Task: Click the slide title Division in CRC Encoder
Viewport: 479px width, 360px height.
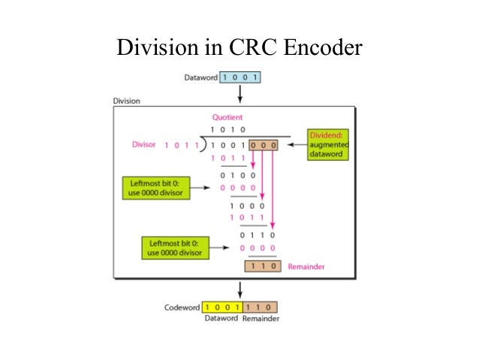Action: coord(239,48)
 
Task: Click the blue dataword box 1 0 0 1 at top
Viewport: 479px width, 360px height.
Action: coord(241,77)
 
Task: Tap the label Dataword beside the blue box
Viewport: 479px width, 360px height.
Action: coord(200,77)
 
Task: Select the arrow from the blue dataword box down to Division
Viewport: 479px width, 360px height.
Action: coord(240,93)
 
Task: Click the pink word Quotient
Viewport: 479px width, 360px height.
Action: coord(227,117)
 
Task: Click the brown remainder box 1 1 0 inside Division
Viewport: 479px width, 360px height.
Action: coord(261,267)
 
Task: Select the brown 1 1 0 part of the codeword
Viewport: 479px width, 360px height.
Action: coord(260,307)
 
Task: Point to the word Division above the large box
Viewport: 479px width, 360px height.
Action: coord(126,101)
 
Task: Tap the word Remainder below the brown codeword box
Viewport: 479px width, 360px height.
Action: coord(261,319)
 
